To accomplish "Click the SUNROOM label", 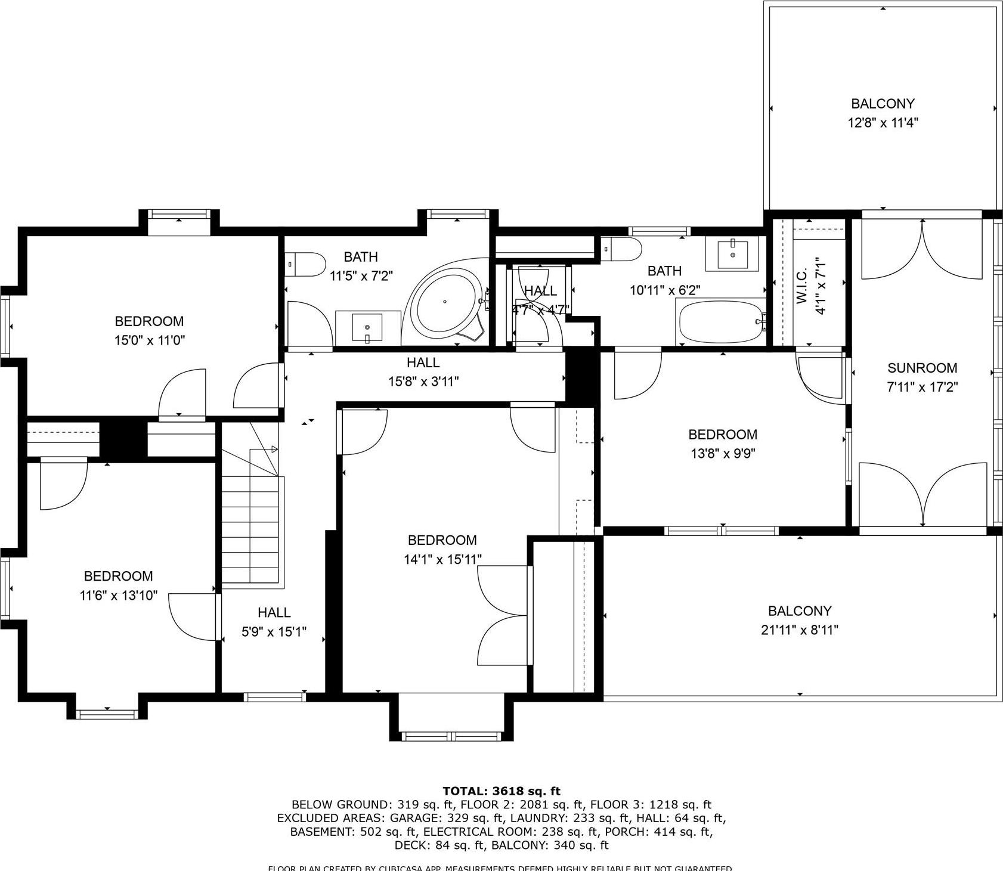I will tap(922, 368).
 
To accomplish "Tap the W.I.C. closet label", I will tap(802, 286).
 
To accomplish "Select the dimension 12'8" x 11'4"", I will tap(883, 123).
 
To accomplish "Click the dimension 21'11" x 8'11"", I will tap(799, 630).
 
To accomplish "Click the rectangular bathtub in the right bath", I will tap(720, 322).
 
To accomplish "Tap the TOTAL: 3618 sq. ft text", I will tap(501, 791).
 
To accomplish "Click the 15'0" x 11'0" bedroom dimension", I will tap(150, 340).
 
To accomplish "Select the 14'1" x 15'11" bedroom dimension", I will tap(442, 559).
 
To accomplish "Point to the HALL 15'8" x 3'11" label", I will tap(423, 371).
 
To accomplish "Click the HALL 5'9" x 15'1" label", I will tap(274, 622).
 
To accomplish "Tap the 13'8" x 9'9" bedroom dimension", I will tap(723, 454).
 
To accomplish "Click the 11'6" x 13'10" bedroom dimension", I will tap(118, 595).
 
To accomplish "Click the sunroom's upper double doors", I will tap(922, 249).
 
